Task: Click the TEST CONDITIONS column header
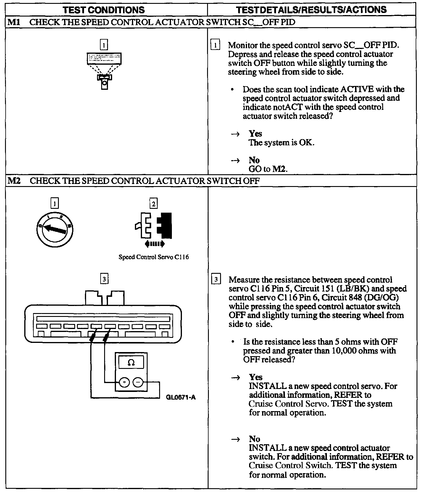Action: tap(104, 10)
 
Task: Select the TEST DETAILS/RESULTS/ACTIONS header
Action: tap(312, 10)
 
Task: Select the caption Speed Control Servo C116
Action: tap(154, 257)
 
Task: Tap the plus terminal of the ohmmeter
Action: tap(124, 382)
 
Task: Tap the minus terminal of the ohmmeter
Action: tap(138, 382)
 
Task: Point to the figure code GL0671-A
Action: tap(181, 397)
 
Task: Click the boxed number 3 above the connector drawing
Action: tap(104, 279)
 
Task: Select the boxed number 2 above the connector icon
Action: tap(154, 203)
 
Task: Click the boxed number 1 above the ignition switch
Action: tap(55, 203)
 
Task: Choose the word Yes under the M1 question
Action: tap(255, 133)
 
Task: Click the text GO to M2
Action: tap(268, 169)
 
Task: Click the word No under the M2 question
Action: tap(254, 439)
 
